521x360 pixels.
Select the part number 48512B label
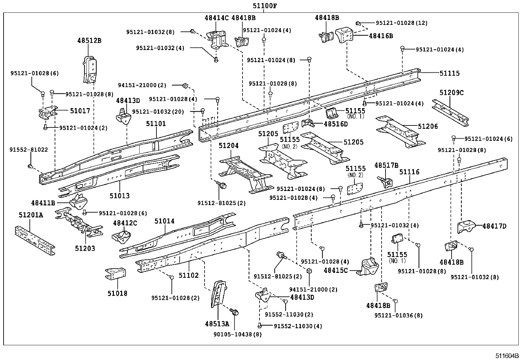(89, 41)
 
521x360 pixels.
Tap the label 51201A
(31, 215)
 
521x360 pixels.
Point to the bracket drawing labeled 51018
(116, 274)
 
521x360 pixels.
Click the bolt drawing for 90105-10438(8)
(234, 312)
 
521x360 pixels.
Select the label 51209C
(451, 93)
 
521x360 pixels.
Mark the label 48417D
(494, 226)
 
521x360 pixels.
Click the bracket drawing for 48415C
(368, 267)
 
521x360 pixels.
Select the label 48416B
(381, 36)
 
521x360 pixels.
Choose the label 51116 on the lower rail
(409, 172)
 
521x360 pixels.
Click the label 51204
(229, 146)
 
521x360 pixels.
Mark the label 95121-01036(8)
(398, 315)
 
